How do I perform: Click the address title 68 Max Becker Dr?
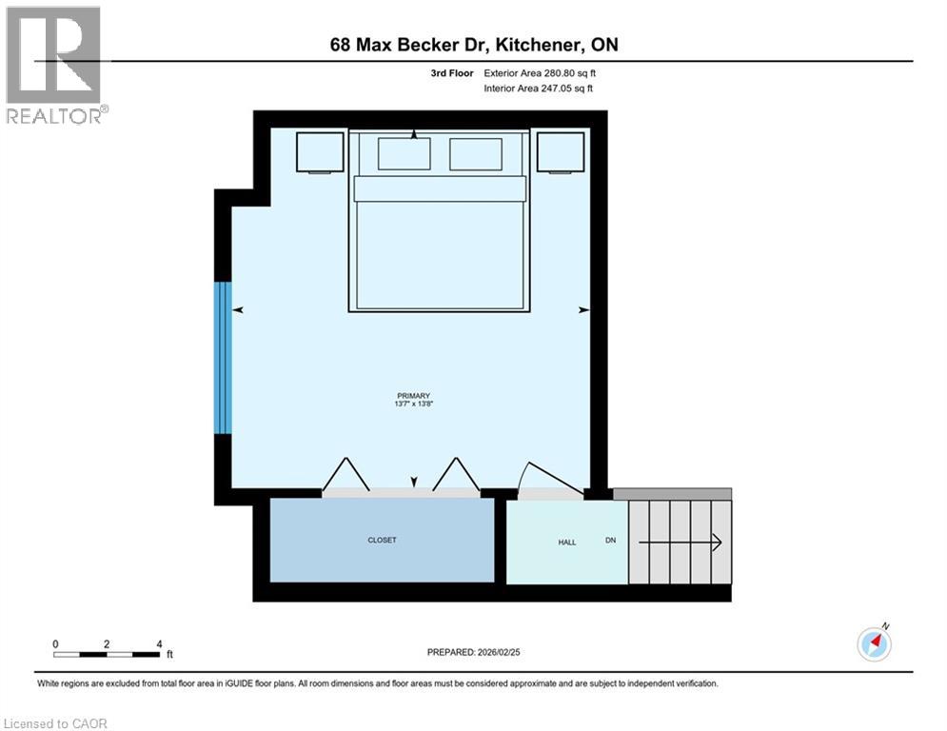click(473, 45)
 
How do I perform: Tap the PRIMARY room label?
click(415, 396)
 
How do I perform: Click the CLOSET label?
click(382, 540)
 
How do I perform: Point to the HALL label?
click(566, 542)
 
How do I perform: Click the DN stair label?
click(611, 541)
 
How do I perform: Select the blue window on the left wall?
click(223, 357)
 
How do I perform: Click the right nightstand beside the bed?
click(560, 152)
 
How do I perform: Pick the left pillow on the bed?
click(404, 153)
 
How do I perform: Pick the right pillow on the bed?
click(475, 153)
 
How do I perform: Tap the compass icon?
click(873, 643)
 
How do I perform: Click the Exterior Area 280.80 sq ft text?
click(540, 72)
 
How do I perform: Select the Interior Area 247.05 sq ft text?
click(540, 89)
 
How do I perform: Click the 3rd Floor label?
click(451, 72)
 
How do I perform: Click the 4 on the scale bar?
click(159, 643)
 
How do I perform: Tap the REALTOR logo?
click(54, 65)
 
